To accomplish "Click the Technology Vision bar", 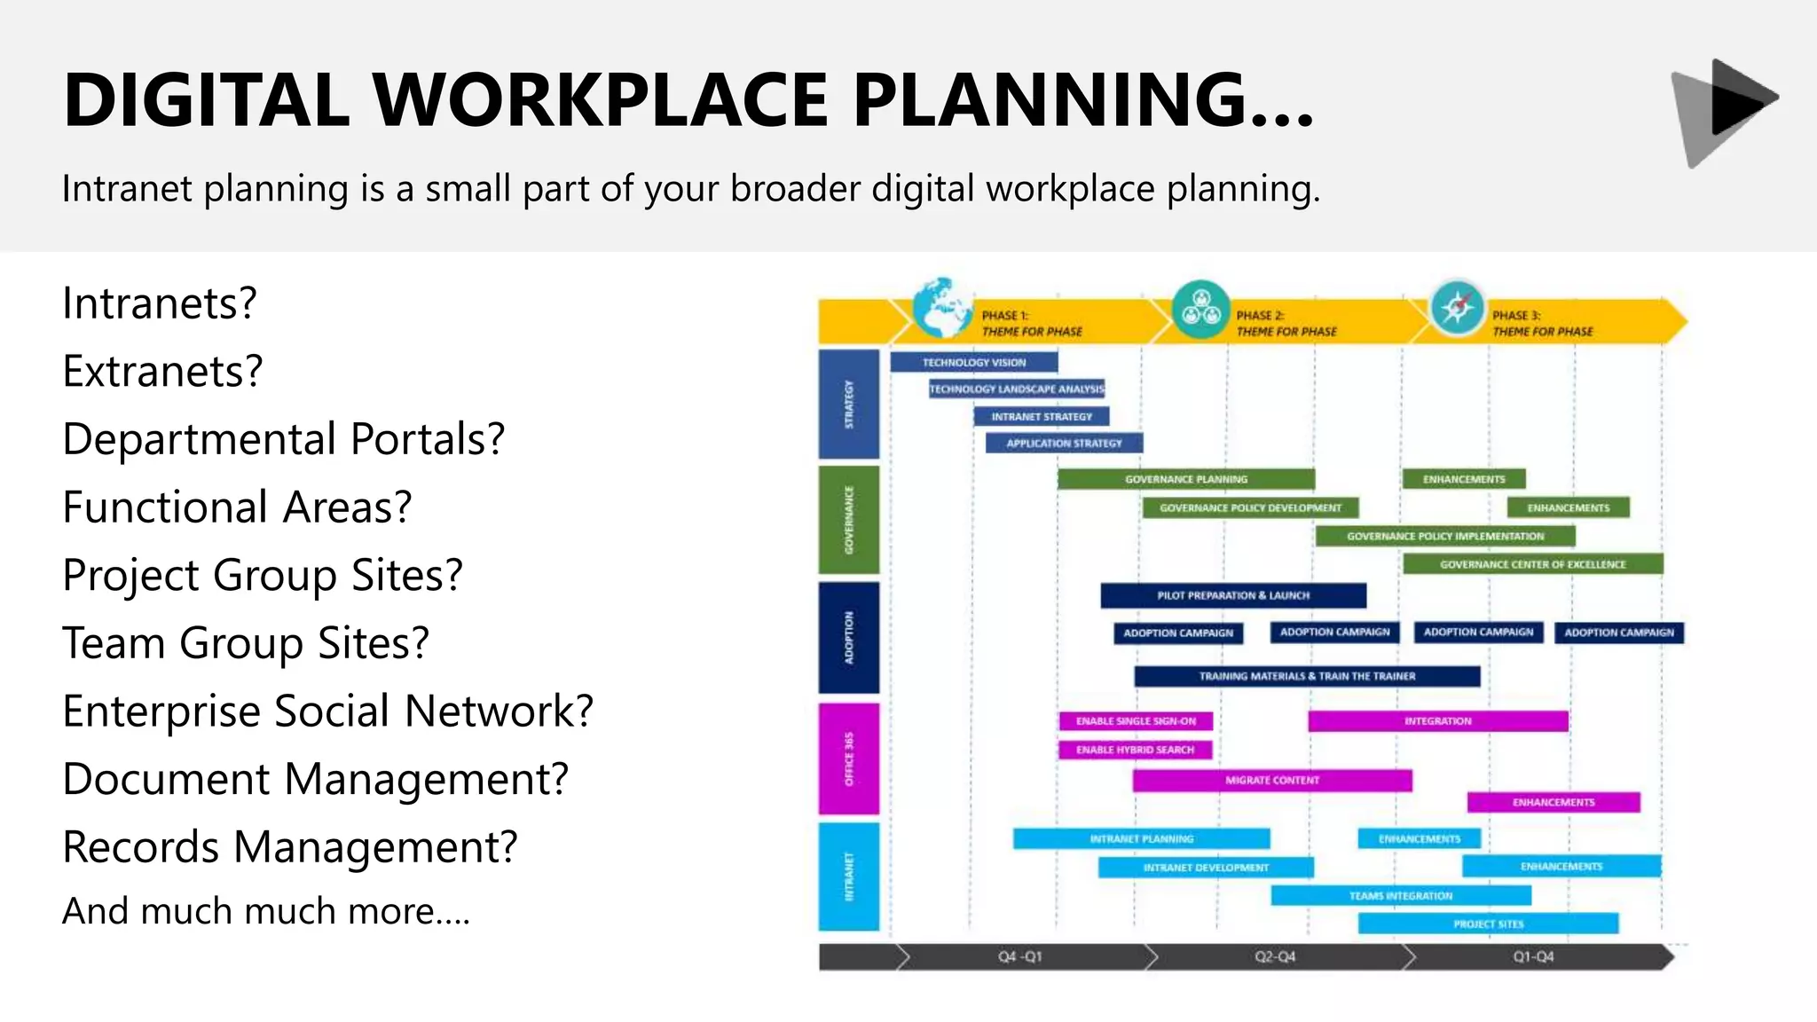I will tap(973, 362).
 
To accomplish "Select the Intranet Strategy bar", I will tap(1041, 416).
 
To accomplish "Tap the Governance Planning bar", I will tap(1185, 479).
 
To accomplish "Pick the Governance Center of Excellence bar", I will tap(1532, 564).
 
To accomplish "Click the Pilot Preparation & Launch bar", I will tap(1232, 595).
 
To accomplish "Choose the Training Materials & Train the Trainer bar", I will tap(1307, 676).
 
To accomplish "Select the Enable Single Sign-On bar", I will tap(1136, 721).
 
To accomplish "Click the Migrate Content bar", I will tap(1271, 780).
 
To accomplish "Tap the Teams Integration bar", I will tap(1400, 896).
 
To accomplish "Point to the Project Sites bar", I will tap(1488, 924).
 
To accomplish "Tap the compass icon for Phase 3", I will tap(1457, 308).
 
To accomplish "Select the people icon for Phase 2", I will tap(1200, 309).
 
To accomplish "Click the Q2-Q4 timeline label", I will tap(1274, 957).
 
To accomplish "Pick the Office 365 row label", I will tap(849, 759).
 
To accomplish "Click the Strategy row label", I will tap(849, 405).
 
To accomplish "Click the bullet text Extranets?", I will tap(162, 371).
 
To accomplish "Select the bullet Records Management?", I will tap(290, 846).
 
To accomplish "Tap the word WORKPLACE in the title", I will tap(600, 99).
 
